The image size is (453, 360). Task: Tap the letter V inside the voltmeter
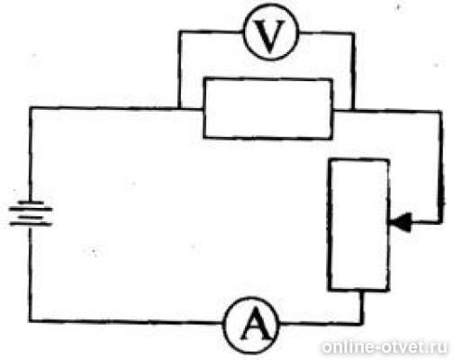point(270,36)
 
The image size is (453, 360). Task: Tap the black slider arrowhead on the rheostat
point(401,222)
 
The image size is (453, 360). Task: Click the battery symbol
point(31,213)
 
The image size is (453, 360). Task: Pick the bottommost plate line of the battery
point(31,224)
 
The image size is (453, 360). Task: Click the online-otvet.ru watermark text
point(385,347)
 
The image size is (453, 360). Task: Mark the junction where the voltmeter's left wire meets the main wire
point(179,108)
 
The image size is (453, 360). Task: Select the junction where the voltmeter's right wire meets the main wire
point(353,111)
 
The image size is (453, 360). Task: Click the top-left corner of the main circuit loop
point(31,107)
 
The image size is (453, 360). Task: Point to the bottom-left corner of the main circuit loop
point(31,320)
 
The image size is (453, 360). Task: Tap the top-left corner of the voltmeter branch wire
point(179,31)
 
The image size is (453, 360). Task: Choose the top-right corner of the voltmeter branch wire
point(354,33)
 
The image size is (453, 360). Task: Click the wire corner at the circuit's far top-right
point(440,112)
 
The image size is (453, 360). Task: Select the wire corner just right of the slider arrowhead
point(440,222)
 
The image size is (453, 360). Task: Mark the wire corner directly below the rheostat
point(362,323)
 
